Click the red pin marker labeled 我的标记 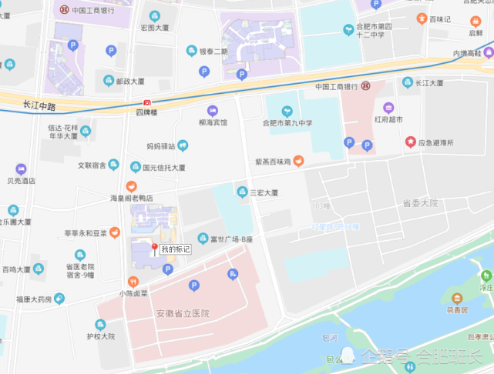[x=154, y=249]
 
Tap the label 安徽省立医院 [x=183, y=313]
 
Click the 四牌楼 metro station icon [x=146, y=102]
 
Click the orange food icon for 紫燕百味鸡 [x=298, y=162]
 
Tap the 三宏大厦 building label [x=263, y=192]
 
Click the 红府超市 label [x=389, y=119]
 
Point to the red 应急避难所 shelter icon [x=412, y=142]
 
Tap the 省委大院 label [x=420, y=203]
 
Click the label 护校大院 [x=100, y=336]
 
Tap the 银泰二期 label [x=213, y=52]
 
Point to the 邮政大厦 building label [x=129, y=81]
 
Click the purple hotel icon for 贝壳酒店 [x=21, y=169]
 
